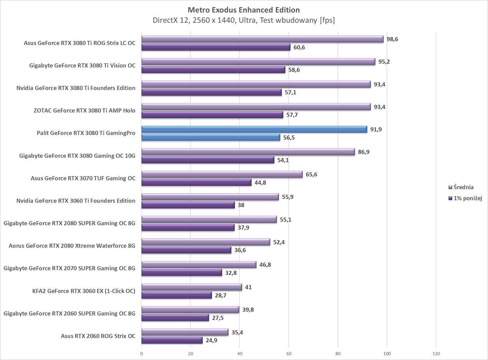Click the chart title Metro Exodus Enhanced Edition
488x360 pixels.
click(x=243, y=10)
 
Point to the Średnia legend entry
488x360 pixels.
click(x=463, y=187)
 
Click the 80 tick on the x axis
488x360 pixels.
click(x=338, y=354)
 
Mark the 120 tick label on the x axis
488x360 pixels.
click(x=436, y=354)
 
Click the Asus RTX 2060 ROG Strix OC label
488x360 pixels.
click(x=98, y=336)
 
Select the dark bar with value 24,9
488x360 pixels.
click(x=172, y=341)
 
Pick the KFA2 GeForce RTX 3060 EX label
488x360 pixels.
click(x=84, y=291)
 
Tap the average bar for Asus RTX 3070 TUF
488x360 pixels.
click(x=222, y=175)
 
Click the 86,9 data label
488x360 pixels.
click(x=364, y=152)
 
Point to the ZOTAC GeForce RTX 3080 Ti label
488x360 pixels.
click(x=85, y=110)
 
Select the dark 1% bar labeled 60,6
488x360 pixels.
click(x=216, y=47)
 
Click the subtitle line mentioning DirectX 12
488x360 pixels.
click(x=243, y=20)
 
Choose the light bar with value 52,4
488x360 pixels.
click(x=205, y=242)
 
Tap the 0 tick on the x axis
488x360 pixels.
click(x=142, y=354)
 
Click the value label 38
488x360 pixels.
click(x=241, y=205)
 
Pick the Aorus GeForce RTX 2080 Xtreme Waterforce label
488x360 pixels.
click(x=72, y=246)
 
